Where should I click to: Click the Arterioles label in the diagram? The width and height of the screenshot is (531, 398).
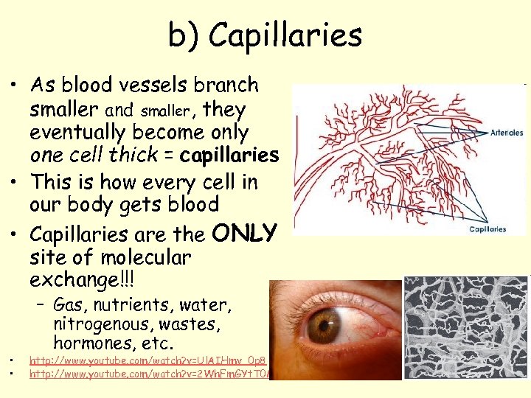coord(507,133)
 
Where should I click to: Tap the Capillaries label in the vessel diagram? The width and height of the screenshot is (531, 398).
coord(487,229)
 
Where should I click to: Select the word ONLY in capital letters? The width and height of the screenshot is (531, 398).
coord(244,233)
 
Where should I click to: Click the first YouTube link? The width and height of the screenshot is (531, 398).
coord(147,360)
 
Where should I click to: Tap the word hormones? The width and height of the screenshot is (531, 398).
coord(87,343)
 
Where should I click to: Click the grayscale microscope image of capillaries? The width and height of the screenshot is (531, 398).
coord(466,327)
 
